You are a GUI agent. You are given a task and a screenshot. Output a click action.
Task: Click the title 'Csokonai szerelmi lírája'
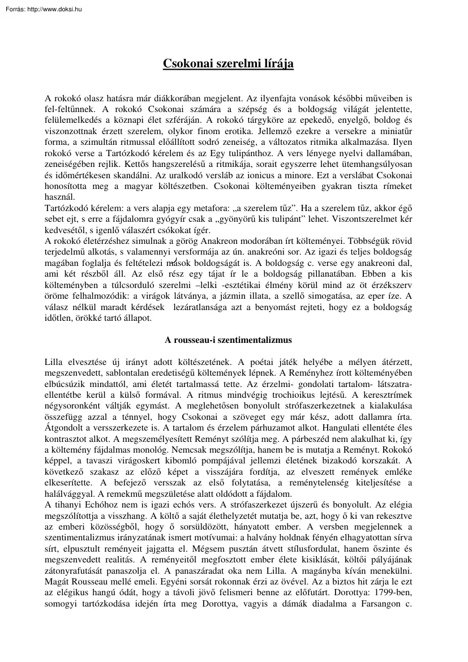click(228, 64)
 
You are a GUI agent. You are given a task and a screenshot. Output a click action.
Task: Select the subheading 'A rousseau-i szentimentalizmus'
click(228, 340)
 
